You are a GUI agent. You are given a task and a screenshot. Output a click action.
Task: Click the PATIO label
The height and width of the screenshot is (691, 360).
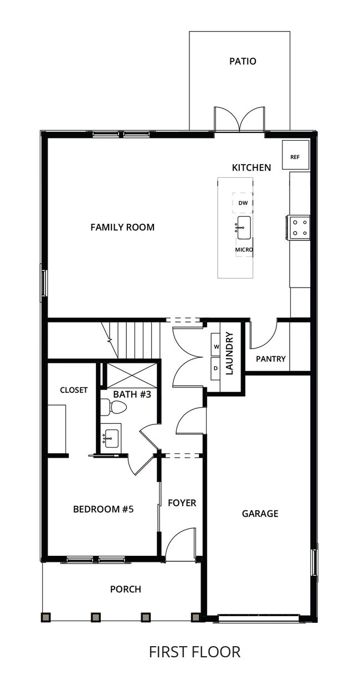point(243,62)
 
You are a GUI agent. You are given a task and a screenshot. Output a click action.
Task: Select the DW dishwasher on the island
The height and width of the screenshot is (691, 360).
point(243,203)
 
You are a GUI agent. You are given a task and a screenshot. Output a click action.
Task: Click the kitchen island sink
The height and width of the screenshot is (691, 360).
point(244,228)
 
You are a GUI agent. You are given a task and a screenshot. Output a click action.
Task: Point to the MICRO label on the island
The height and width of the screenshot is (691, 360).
point(244,250)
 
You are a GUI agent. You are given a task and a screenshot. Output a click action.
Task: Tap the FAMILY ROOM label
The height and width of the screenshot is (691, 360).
point(122,227)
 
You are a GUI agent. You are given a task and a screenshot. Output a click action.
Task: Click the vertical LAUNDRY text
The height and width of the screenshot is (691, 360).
point(230,354)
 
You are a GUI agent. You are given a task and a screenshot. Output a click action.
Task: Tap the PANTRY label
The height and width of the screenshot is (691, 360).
point(271,359)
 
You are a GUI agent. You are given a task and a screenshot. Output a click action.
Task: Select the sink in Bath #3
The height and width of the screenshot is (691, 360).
point(112,438)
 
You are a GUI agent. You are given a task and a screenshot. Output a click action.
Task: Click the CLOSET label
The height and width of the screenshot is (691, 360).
point(74,390)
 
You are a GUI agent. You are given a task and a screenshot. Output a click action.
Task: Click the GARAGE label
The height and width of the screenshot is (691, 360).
point(260,514)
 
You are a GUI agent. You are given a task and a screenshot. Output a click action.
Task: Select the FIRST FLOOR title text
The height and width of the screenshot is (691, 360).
point(194,652)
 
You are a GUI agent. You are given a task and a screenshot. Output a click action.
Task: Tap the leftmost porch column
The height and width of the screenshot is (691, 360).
point(46,617)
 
